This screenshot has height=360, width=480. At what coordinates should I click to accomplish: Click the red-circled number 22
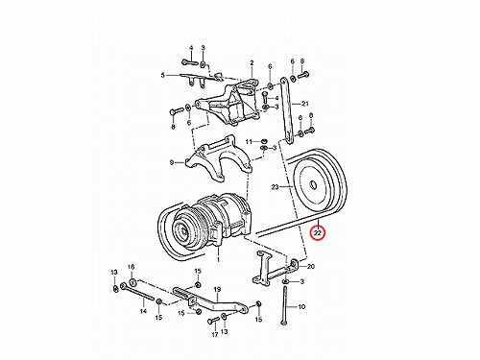click(318, 233)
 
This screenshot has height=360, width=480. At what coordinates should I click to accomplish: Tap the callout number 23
click(275, 187)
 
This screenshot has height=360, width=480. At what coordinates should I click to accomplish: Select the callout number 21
click(305, 104)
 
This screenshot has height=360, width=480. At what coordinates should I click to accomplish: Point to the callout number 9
click(172, 162)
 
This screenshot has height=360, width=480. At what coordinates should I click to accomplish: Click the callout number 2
click(252, 62)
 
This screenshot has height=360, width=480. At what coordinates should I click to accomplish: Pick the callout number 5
click(163, 75)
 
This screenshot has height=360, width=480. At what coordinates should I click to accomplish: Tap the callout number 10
click(301, 307)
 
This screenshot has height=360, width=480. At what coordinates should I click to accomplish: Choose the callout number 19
click(217, 290)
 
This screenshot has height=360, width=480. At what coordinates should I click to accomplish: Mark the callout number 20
click(311, 266)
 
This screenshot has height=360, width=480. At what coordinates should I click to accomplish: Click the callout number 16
click(132, 267)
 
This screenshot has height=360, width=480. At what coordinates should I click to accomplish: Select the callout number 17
click(215, 335)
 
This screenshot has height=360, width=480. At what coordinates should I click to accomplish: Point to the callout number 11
click(250, 141)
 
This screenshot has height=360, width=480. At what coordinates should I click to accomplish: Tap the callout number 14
click(143, 311)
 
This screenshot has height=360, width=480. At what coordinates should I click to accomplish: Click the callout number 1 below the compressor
click(218, 260)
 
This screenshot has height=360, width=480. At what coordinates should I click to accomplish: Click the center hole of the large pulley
click(313, 185)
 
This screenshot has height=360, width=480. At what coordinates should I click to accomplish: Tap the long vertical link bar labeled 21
click(286, 110)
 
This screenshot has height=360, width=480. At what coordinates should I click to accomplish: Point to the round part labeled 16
click(132, 282)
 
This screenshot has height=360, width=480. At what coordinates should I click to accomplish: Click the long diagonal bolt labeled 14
click(137, 292)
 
